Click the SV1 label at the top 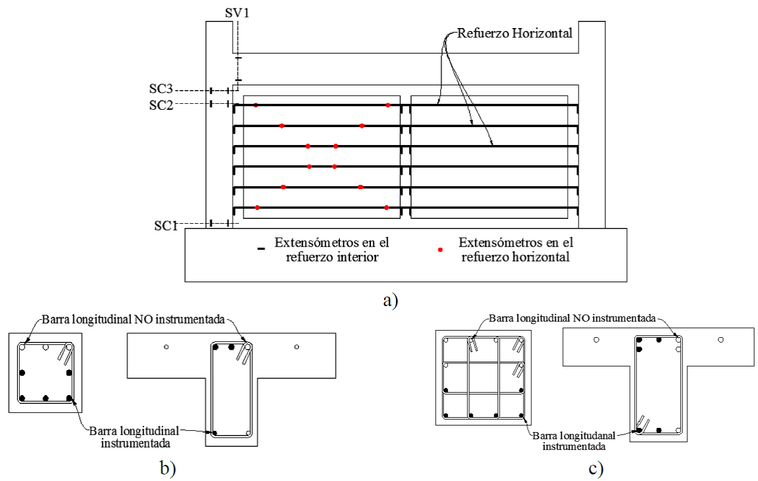(x=237, y=11)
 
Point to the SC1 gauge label (x=166, y=225)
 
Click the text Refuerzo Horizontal (x=514, y=33)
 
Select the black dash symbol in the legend (x=261, y=250)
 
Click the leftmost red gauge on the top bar (x=256, y=106)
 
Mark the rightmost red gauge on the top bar (x=388, y=105)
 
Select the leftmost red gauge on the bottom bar (x=257, y=208)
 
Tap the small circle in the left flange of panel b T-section (x=166, y=347)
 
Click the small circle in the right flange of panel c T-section (x=721, y=340)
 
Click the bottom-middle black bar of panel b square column (x=45, y=397)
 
